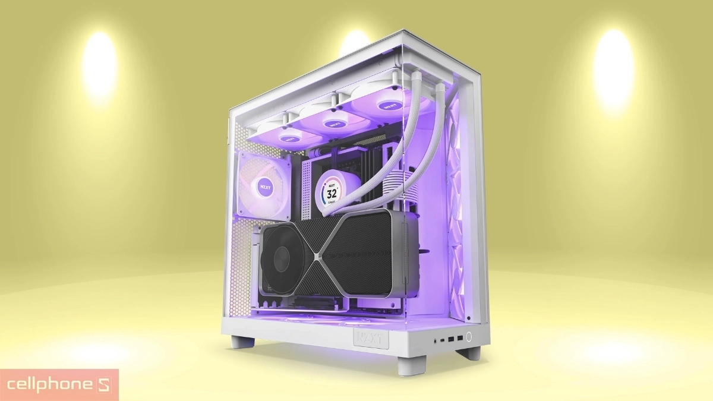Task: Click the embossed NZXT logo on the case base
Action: coord(371,338)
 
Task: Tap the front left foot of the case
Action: coord(242,343)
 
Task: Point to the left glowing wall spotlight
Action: coord(99,65)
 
